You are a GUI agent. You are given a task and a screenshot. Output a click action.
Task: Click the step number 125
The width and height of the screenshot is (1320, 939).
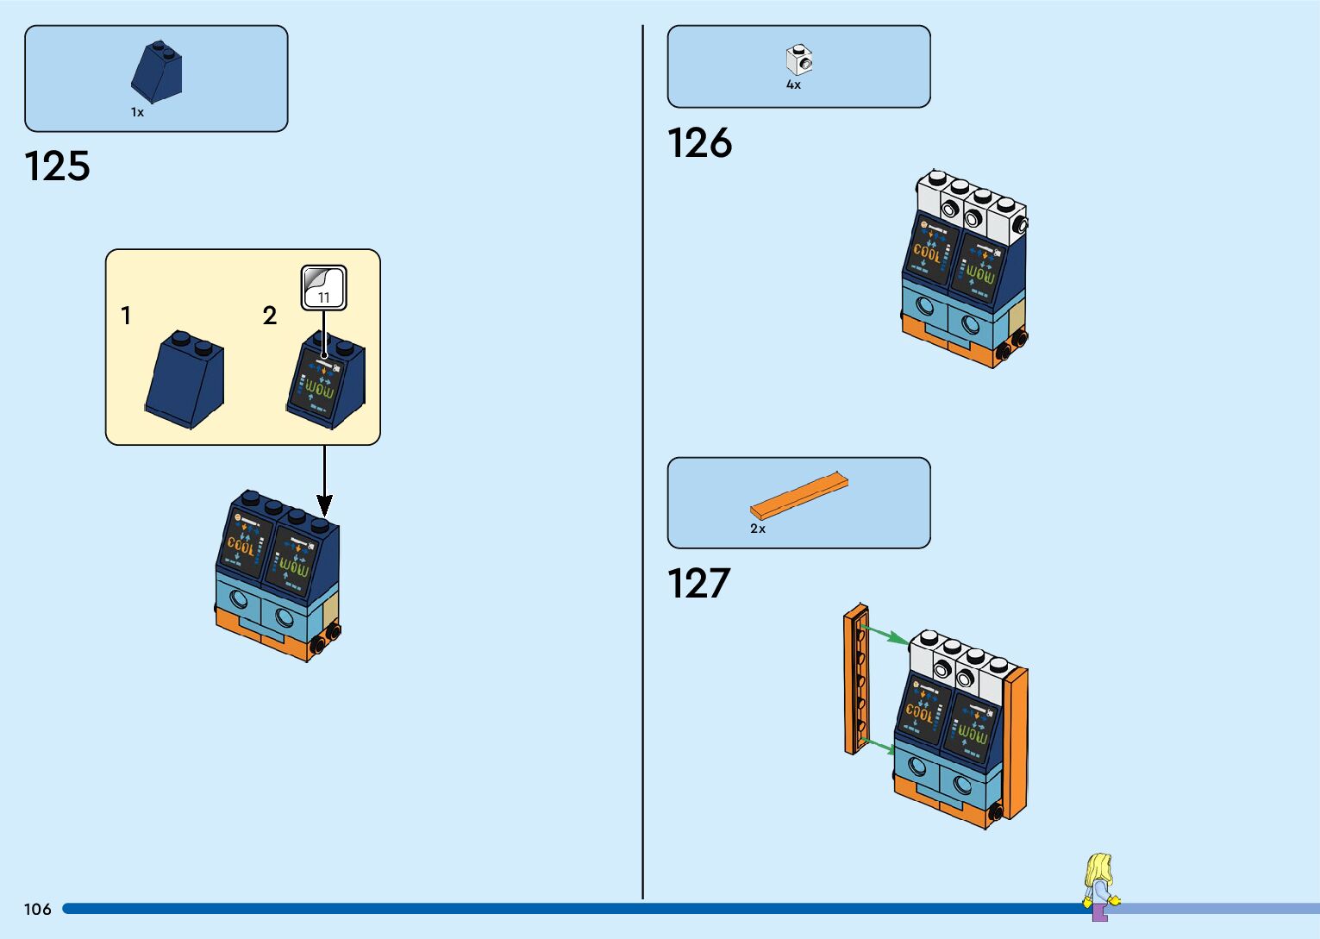click(57, 166)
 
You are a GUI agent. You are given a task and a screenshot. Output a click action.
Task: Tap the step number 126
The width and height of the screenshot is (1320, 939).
click(699, 142)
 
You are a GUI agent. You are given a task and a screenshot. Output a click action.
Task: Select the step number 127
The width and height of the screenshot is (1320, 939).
click(698, 583)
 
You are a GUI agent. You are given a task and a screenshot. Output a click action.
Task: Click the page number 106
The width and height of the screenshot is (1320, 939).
click(38, 909)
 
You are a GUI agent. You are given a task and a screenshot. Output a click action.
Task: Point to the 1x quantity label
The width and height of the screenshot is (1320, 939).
click(137, 112)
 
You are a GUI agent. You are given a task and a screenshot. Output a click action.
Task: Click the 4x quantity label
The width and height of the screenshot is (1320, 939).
click(793, 85)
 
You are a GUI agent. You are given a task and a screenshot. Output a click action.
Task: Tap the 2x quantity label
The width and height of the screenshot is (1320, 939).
click(757, 529)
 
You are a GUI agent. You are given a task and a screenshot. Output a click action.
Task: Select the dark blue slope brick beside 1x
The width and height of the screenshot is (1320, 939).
click(157, 72)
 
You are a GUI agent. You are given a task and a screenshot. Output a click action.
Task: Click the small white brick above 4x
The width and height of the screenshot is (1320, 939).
click(799, 60)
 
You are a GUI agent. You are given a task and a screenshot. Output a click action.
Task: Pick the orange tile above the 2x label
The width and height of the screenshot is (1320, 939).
click(798, 496)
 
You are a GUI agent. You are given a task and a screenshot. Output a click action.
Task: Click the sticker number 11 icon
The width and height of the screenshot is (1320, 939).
click(323, 287)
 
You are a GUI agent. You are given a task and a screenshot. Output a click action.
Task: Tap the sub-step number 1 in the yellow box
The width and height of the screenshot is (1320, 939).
click(126, 316)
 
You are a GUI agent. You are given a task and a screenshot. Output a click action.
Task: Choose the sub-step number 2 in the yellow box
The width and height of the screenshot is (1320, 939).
click(270, 316)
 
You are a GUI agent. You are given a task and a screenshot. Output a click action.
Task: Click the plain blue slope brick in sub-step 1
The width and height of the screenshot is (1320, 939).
click(185, 379)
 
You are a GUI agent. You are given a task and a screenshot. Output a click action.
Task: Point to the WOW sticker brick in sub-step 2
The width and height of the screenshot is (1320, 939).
click(325, 381)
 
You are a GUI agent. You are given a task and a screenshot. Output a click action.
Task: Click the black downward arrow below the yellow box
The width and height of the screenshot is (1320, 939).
click(324, 483)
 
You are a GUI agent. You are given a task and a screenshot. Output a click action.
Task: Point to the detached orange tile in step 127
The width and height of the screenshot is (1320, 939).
click(855, 679)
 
